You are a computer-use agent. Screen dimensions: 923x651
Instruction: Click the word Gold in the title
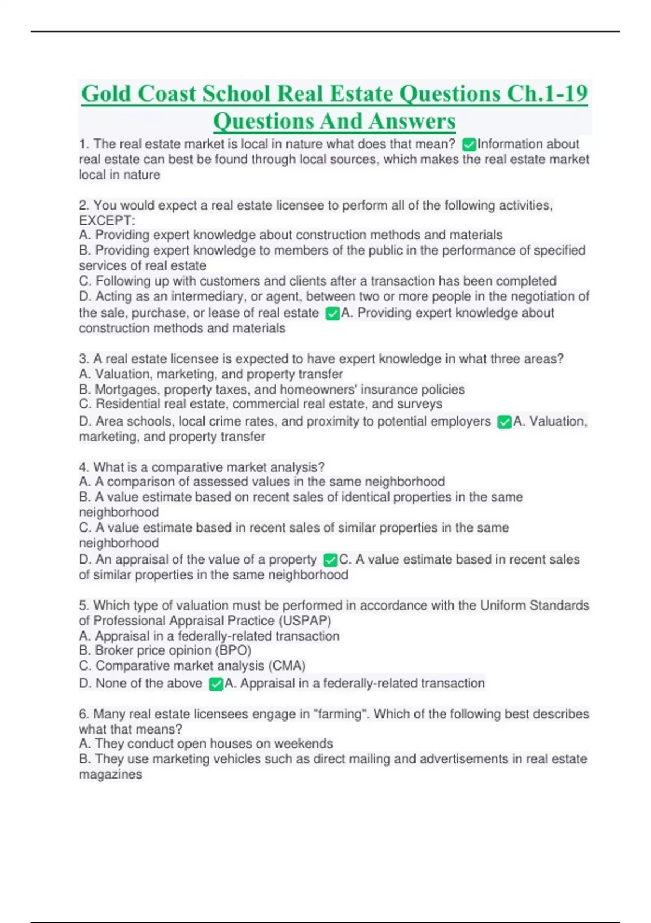pos(106,93)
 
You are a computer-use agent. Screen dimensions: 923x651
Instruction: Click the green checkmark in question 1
pos(469,144)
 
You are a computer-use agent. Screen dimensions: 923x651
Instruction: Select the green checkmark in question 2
pos(333,313)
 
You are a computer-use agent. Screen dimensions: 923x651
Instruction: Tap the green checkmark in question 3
pos(505,422)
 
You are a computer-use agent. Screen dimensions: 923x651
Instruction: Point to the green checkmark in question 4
pos(330,560)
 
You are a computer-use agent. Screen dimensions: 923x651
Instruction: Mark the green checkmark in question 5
pos(216,684)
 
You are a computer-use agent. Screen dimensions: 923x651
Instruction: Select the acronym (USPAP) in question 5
pos(307,621)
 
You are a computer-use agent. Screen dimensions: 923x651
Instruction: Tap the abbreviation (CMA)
pos(287,666)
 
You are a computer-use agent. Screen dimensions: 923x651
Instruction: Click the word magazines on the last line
pos(110,774)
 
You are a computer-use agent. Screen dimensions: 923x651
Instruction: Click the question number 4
pos(84,467)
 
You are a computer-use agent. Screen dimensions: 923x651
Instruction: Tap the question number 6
pos(84,713)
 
